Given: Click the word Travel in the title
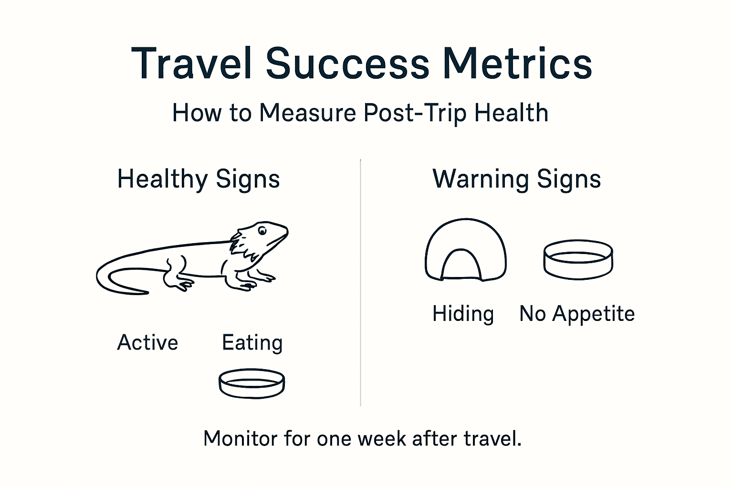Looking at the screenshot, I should [x=191, y=64].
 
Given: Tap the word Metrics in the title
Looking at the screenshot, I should [x=517, y=64].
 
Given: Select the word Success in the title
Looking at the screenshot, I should [x=347, y=64].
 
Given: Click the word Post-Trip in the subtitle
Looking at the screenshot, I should [x=415, y=114].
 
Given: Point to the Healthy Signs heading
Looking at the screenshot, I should [x=199, y=180].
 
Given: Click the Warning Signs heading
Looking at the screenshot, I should [x=516, y=180].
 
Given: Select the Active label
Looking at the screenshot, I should [x=147, y=343].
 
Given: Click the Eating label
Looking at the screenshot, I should [x=252, y=343].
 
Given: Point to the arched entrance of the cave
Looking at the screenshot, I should [x=461, y=266].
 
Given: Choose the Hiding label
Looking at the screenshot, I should [x=463, y=314].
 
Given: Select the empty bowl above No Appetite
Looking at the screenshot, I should [x=578, y=259].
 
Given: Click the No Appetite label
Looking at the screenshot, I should [x=577, y=314].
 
